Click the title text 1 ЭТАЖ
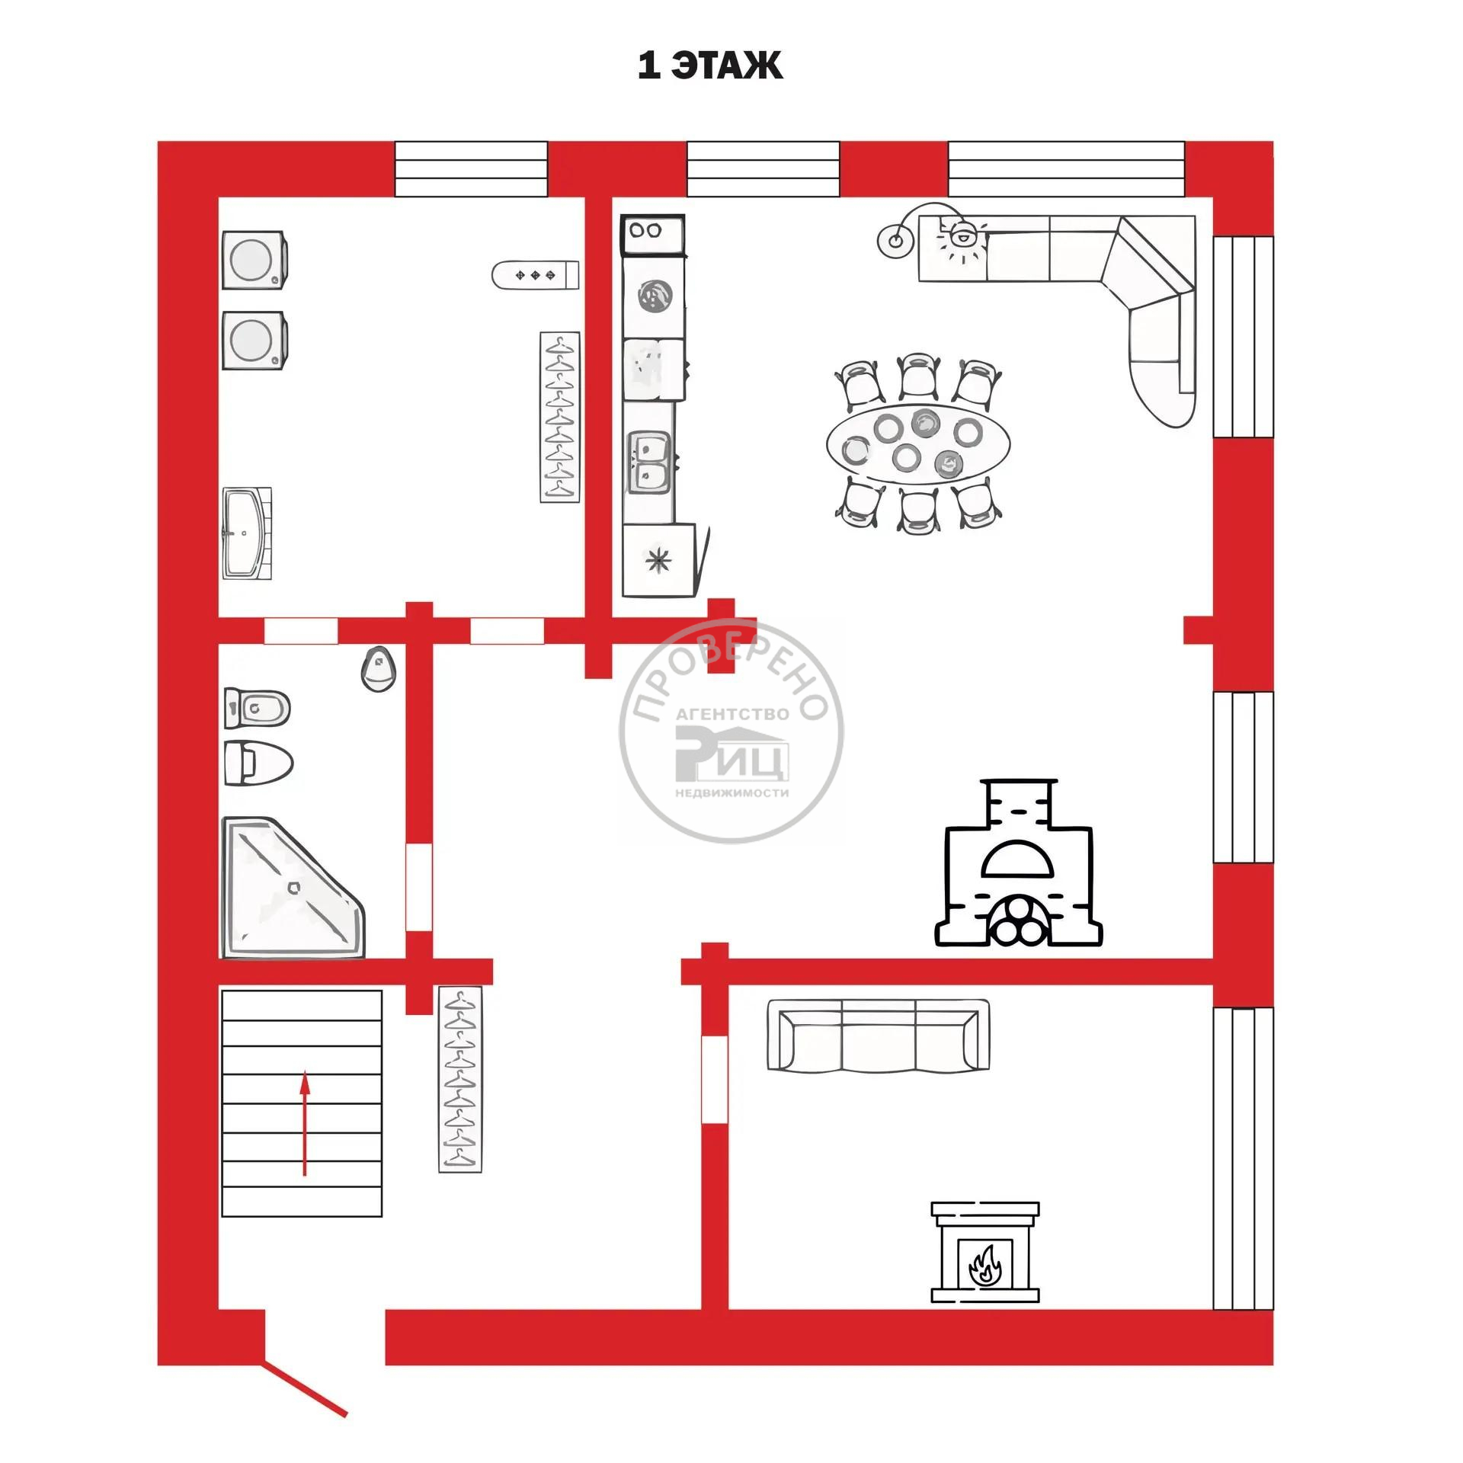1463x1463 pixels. point(710,66)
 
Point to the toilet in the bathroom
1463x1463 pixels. point(258,763)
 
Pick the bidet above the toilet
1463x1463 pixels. point(257,709)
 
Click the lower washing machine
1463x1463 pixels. point(255,340)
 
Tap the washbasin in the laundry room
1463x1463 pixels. point(247,533)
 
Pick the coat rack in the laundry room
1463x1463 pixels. point(560,417)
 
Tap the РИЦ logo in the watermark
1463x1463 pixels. point(731,753)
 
